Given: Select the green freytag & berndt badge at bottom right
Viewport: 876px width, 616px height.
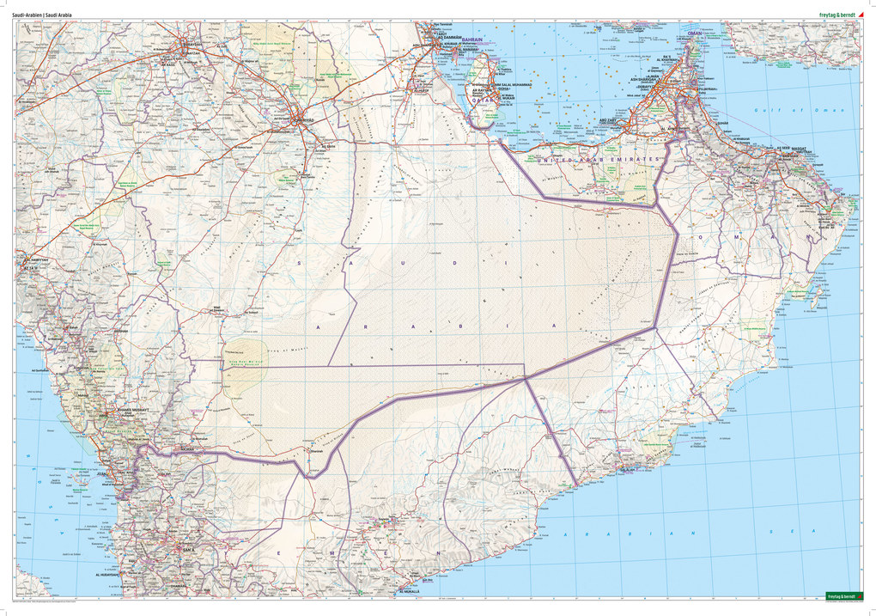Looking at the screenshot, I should pos(841,595).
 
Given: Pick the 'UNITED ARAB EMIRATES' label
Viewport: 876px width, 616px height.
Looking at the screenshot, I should pos(600,160).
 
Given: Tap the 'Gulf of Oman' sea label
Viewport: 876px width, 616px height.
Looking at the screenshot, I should pos(798,111).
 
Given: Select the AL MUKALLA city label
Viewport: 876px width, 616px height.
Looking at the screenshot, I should pos(411,591).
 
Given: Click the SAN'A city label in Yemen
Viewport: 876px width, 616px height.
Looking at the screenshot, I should pos(186,546).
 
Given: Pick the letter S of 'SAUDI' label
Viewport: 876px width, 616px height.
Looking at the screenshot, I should pos(300,263).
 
